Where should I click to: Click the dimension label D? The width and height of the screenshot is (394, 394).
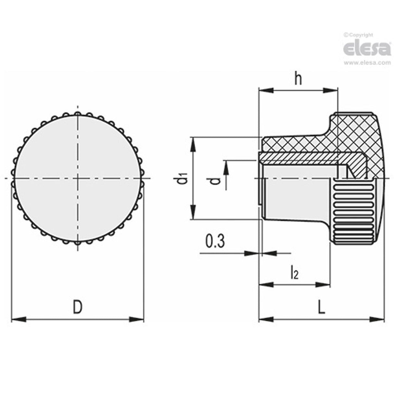coord(77,307)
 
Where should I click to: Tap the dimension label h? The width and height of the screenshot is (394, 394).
coord(298,79)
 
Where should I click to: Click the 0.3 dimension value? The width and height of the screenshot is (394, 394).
coord(215,242)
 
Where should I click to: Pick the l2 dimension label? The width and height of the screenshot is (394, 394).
coord(294,273)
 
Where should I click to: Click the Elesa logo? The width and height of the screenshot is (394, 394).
coord(367,49)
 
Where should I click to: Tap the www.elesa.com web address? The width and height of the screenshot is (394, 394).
coord(367,63)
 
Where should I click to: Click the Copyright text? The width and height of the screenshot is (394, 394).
coord(359,35)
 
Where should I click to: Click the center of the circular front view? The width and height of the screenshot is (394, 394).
coord(78,178)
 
